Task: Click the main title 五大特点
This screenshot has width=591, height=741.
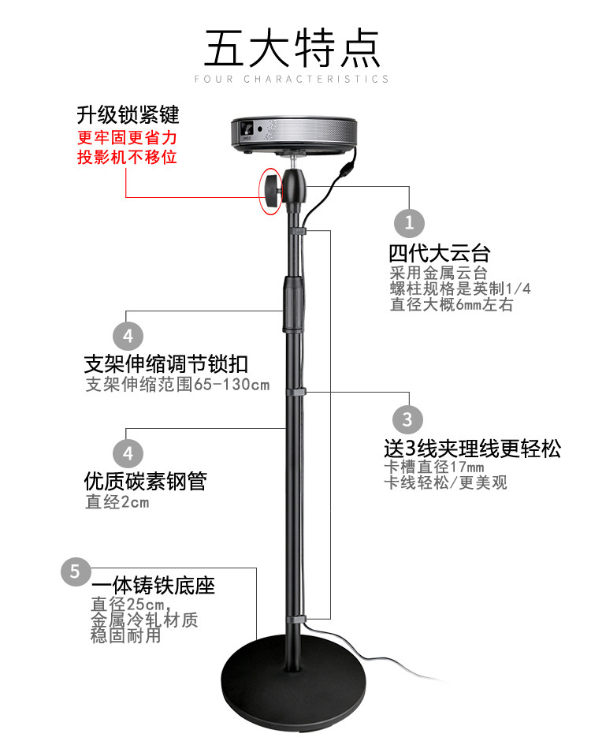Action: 292,49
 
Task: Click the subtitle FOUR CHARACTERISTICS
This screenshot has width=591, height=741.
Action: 292,79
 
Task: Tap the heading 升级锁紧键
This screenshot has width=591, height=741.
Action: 128,116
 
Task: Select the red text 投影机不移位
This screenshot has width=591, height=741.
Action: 126,157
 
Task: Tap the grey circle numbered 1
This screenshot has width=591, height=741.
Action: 408,222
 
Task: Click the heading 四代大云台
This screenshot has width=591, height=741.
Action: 439,254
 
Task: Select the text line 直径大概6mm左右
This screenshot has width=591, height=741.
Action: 451,304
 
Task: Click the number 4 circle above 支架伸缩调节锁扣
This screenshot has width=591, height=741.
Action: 128,334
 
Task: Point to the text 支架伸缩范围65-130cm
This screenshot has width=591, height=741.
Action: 177,385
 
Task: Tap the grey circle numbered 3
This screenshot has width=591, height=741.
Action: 407,419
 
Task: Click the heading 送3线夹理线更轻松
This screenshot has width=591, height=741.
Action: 472,449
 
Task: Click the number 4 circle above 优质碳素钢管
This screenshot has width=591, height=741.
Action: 128,452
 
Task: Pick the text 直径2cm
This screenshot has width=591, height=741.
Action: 117,501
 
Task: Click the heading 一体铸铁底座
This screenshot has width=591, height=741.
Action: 153,587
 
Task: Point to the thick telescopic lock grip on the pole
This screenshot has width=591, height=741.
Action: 294,303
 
